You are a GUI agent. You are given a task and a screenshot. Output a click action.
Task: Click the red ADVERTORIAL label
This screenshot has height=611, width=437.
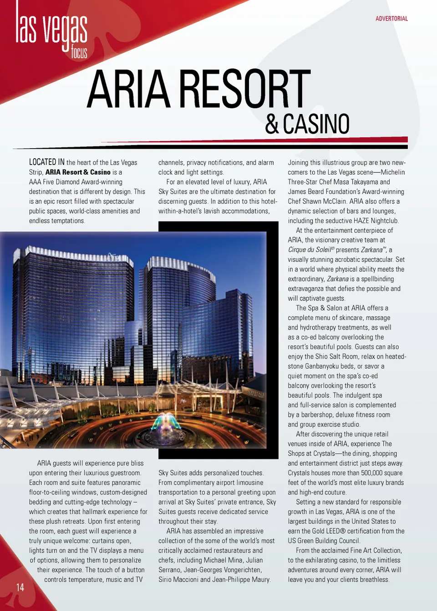tap(391, 19)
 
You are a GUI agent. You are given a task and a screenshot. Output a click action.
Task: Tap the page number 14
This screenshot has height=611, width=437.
tap(20, 587)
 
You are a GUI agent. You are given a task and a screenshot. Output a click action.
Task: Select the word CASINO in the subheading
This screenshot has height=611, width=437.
tap(316, 124)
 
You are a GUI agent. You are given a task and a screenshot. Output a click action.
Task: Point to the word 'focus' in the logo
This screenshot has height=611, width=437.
tap(79, 52)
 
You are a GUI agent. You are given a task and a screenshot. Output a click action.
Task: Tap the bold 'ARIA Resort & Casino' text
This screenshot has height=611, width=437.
tap(78, 172)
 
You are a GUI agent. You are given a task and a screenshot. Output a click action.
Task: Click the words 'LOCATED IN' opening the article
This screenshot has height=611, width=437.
tap(46, 162)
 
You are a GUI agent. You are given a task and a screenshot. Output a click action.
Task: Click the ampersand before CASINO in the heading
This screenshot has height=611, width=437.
tap(272, 124)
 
